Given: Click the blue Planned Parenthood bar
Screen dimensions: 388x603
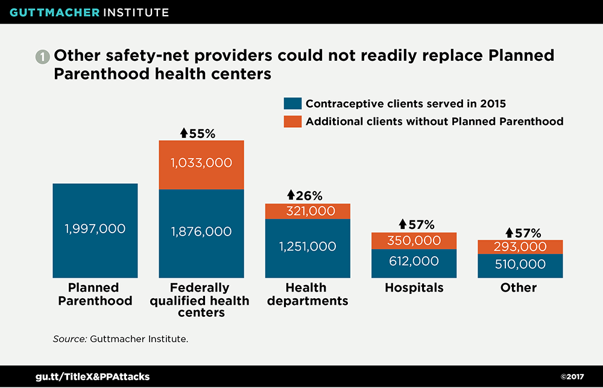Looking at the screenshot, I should coord(95,231).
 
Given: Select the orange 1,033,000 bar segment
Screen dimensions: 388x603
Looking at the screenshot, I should coord(201,164).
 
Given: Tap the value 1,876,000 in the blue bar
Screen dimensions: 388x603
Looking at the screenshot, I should coord(201,232).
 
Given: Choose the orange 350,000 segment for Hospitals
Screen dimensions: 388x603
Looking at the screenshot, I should coord(414,240).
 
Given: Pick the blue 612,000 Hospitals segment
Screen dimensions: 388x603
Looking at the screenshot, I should coord(414,261).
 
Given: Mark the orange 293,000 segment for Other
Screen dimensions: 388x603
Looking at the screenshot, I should coord(520,247).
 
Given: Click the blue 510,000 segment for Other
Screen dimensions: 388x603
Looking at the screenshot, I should coord(520,264).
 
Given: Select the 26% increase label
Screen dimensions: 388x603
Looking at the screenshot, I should coord(305,196).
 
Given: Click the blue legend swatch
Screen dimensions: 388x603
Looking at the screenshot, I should coord(291,103).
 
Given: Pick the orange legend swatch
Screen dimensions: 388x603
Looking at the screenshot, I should coord(291,121).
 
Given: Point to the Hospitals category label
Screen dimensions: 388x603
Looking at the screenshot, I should coord(414,288).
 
